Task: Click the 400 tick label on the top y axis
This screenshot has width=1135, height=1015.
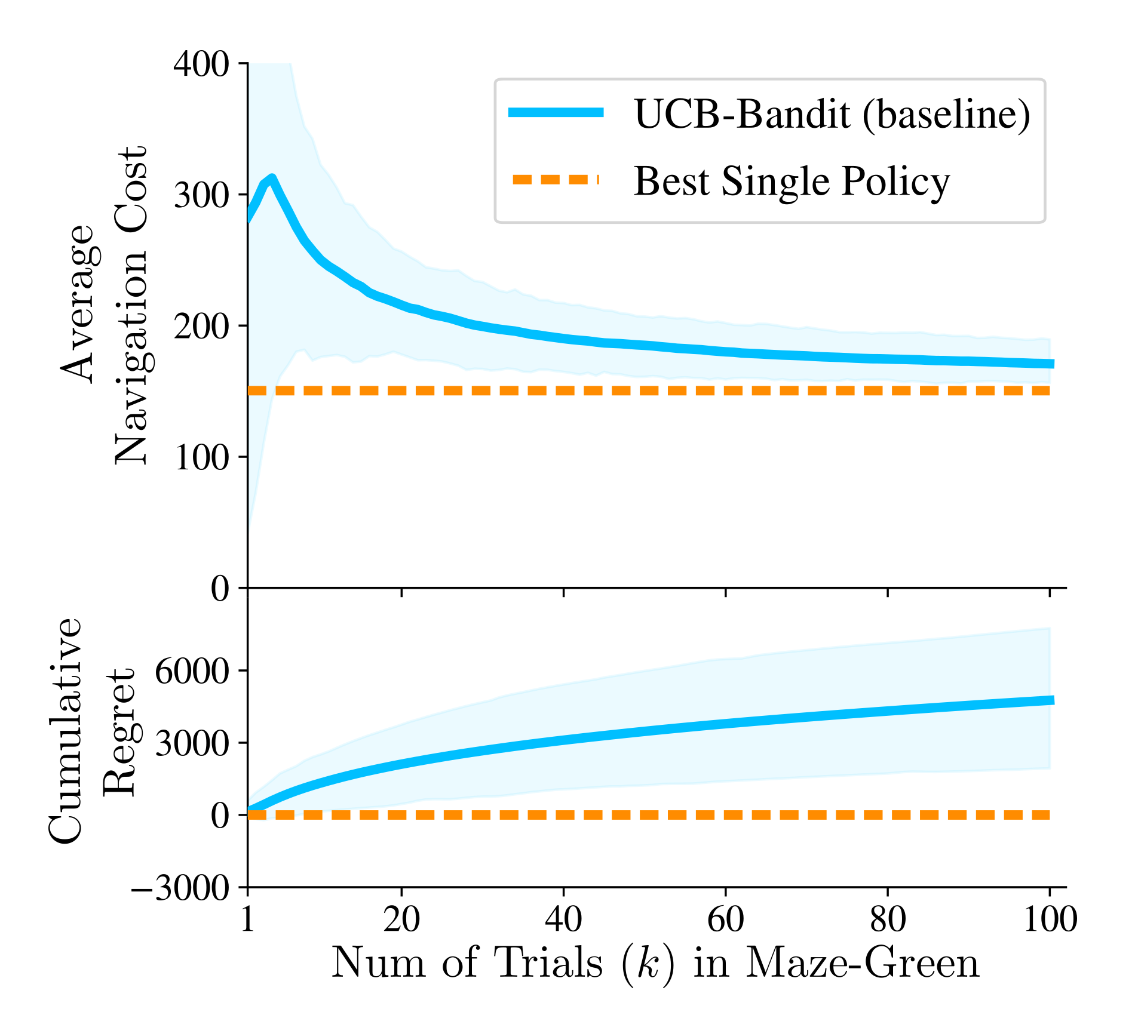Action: pos(201,64)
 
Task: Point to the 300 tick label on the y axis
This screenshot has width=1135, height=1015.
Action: pos(201,195)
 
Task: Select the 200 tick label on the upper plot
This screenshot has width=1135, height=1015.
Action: pos(201,326)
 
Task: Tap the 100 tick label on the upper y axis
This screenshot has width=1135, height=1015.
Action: pos(201,457)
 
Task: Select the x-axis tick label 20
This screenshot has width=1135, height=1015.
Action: pos(401,919)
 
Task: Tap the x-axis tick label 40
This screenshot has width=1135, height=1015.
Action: pos(563,919)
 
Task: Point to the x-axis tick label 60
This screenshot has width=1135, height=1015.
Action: pos(725,919)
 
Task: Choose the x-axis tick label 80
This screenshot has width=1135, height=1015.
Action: pos(888,919)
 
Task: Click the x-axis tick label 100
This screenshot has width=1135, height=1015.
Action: pos(1050,919)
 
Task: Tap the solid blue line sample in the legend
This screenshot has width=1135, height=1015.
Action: pos(556,112)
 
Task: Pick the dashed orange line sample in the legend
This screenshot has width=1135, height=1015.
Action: pos(556,180)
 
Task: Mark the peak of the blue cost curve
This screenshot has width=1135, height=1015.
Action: pos(272,178)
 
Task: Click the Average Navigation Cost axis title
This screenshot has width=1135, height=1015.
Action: pos(105,304)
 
